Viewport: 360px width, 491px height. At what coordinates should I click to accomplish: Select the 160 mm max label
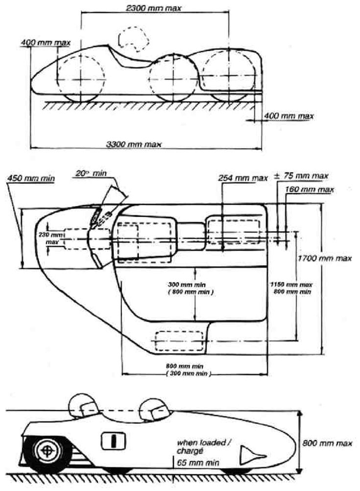point(310,189)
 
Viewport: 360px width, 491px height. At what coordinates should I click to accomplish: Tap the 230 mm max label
point(52,238)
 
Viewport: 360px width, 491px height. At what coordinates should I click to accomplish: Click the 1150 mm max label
point(291,284)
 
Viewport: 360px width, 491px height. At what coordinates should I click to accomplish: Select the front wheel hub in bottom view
point(47,449)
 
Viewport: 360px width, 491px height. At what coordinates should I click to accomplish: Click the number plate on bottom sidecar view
point(112,441)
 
